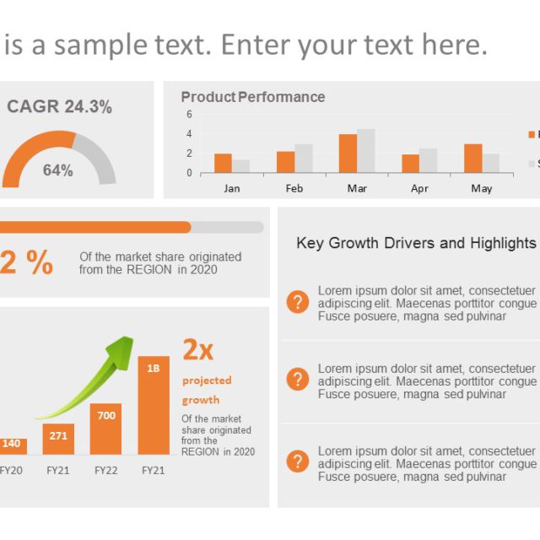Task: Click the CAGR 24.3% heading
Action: (59, 107)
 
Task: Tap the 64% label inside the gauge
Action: (58, 170)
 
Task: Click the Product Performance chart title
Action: (252, 97)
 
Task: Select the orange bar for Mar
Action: (348, 153)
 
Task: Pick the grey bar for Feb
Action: (304, 158)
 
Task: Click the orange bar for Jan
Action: (223, 163)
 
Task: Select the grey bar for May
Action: (491, 163)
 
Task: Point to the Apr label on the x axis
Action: (419, 188)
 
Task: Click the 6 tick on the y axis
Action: (190, 114)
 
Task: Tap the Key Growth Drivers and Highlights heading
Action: (416, 243)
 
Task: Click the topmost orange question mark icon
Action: (298, 302)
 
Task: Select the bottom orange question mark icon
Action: (298, 462)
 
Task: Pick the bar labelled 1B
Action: (154, 405)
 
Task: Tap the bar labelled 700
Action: (106, 429)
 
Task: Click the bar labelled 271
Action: (58, 439)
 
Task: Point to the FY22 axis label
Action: (105, 471)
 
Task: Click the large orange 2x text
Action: (198, 349)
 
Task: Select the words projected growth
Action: (206, 390)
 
